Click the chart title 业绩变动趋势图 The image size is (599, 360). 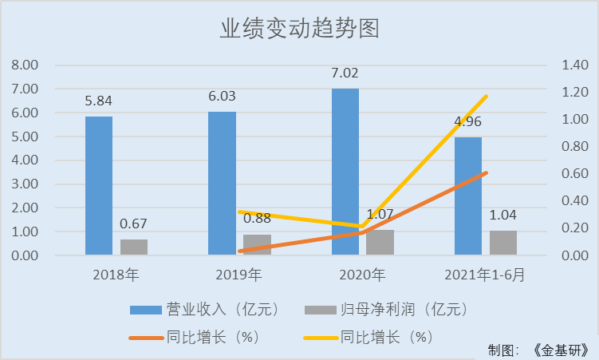pyautogui.click(x=299, y=29)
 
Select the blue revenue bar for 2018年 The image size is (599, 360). pyautogui.click(x=99, y=185)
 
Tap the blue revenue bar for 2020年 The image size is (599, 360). pyautogui.click(x=345, y=172)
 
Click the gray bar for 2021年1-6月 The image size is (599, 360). pyautogui.click(x=503, y=243)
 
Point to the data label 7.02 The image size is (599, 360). pyautogui.click(x=345, y=73)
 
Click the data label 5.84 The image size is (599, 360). pyautogui.click(x=99, y=101)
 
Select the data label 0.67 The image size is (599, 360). pyautogui.click(x=134, y=224)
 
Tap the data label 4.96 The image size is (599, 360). pyautogui.click(x=468, y=122)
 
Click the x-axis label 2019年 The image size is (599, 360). pyautogui.click(x=239, y=275)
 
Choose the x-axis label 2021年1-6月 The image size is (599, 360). pyautogui.click(x=486, y=275)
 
